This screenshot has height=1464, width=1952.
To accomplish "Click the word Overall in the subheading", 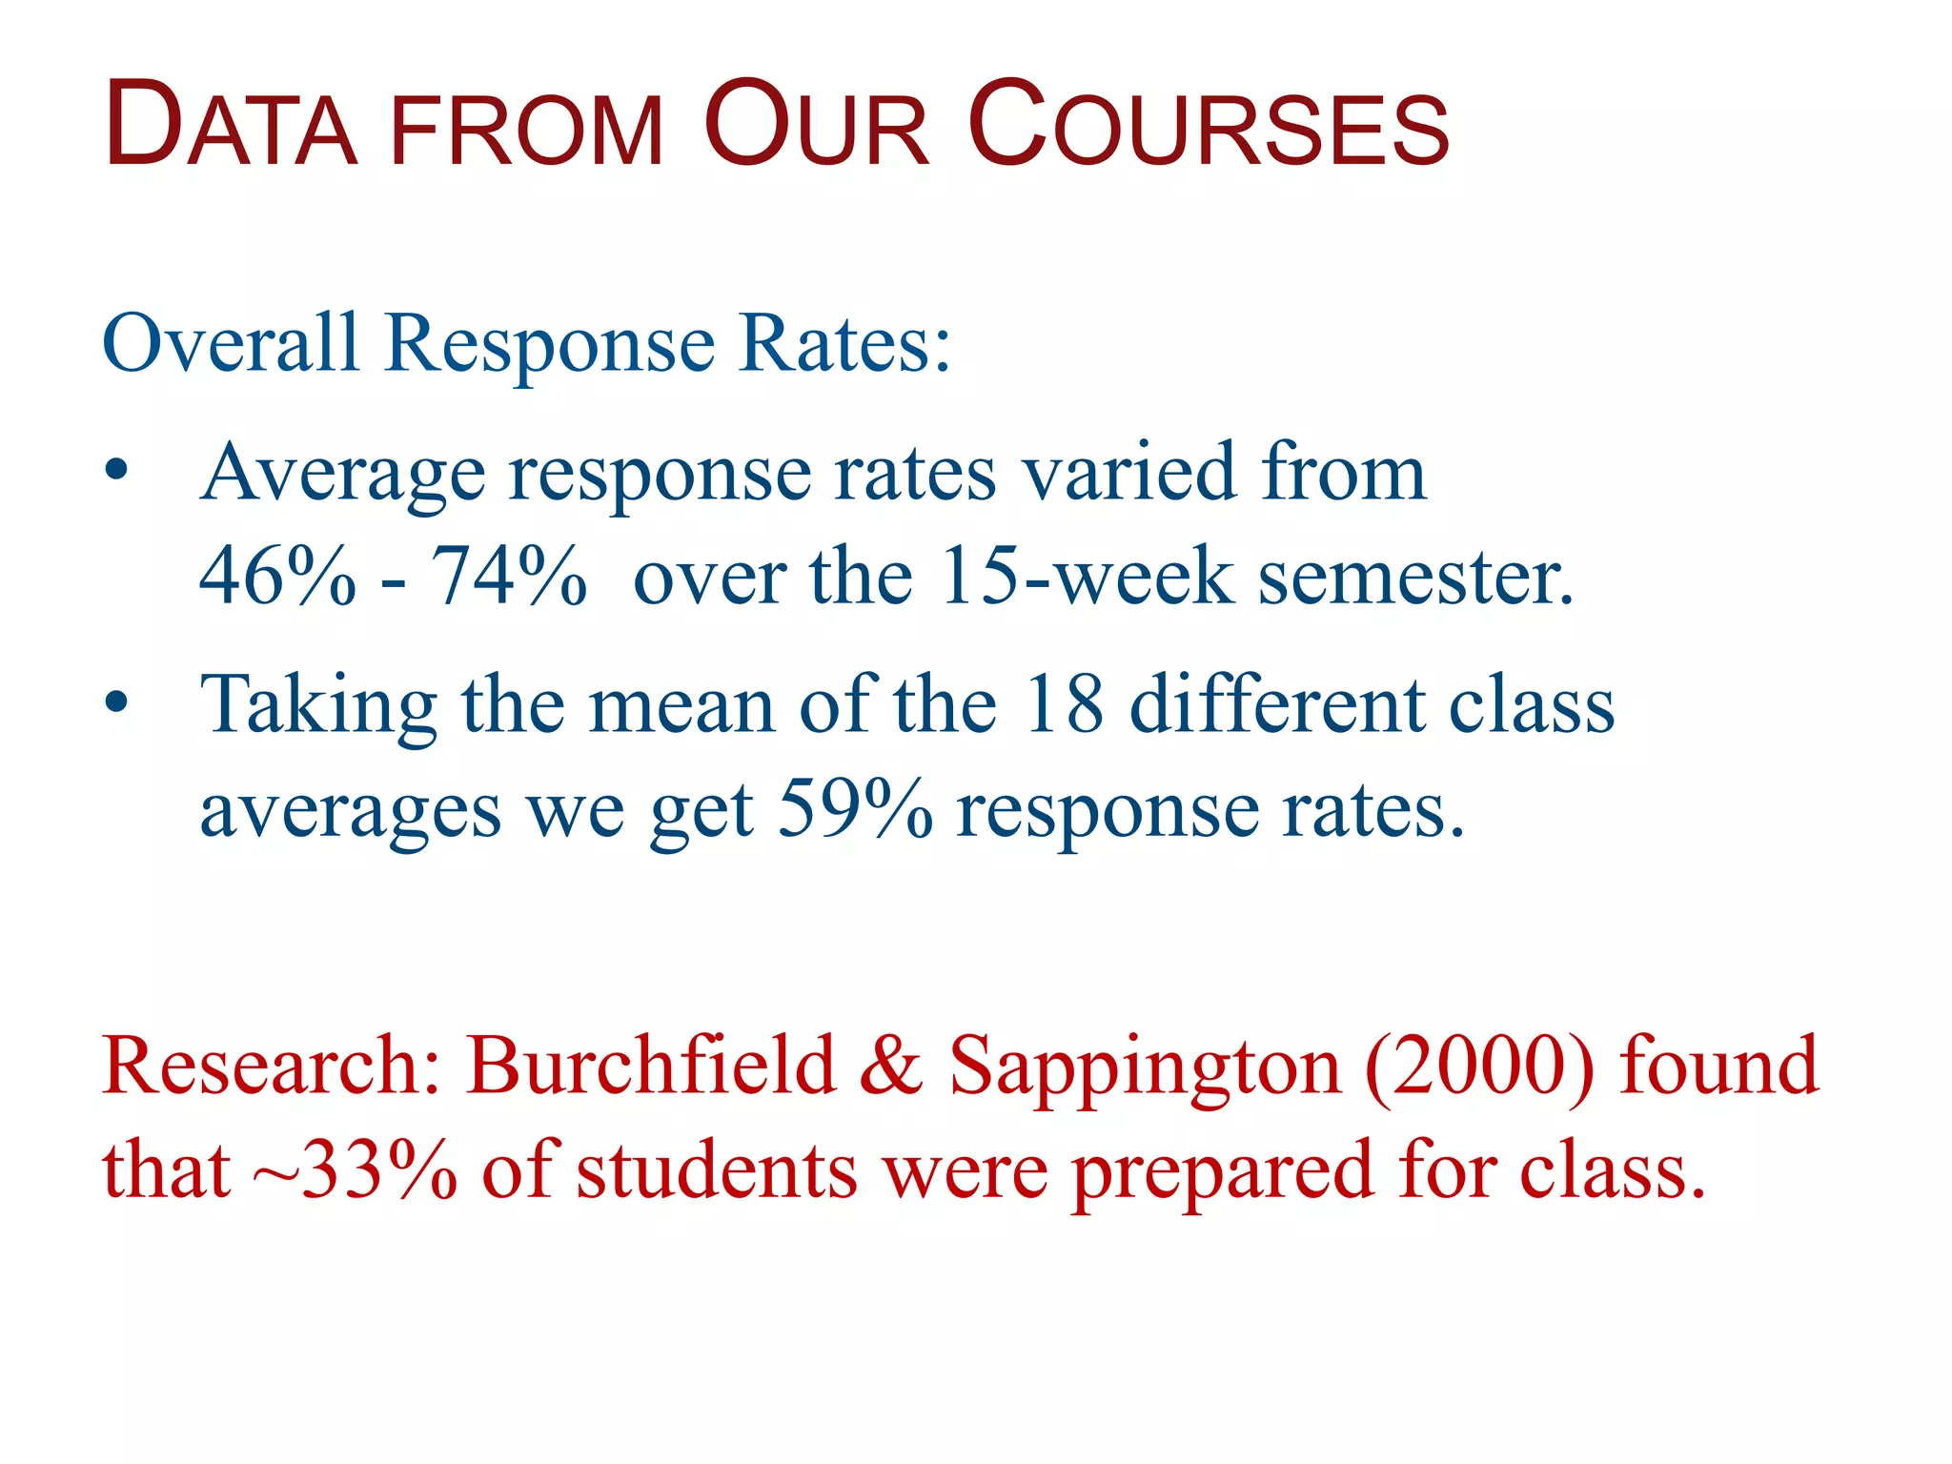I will coord(230,343).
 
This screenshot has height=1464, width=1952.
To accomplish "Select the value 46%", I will coord(276,577).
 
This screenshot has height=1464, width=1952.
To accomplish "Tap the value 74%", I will coord(508,577).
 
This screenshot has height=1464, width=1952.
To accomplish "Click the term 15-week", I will coord(1086,577).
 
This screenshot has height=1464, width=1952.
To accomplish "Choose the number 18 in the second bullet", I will coord(1064,704).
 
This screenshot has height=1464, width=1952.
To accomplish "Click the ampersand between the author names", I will coord(891,1065).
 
